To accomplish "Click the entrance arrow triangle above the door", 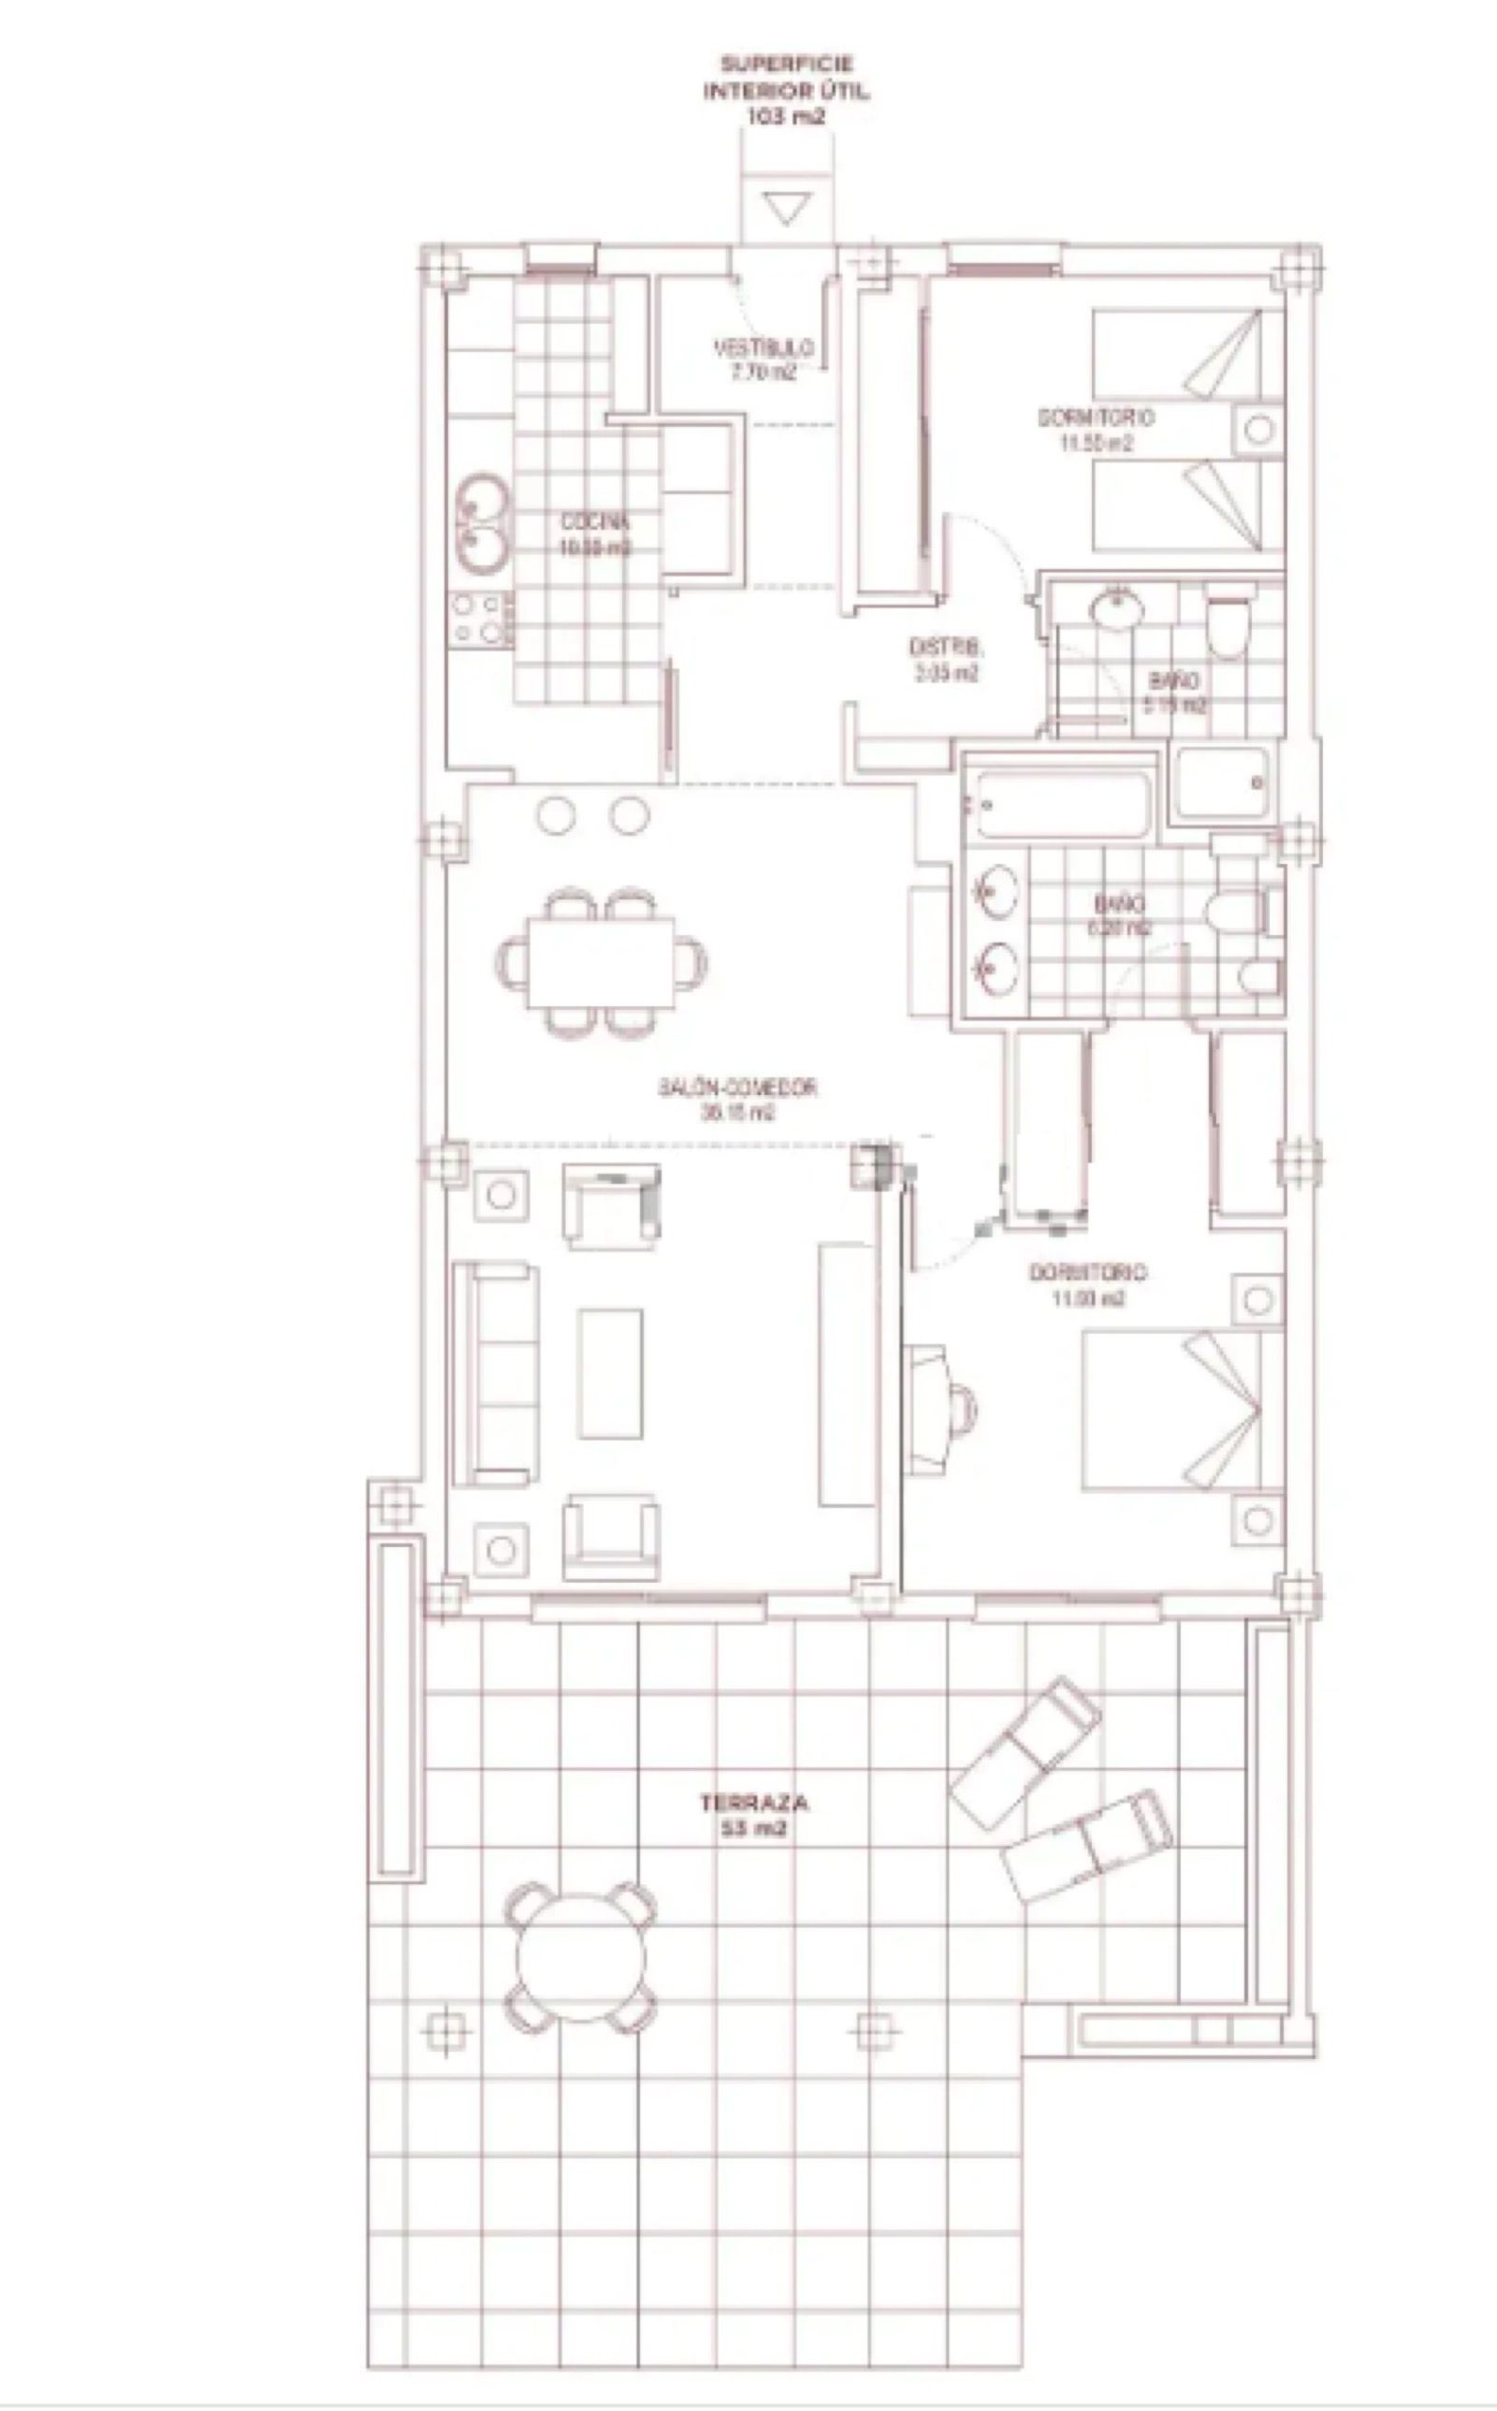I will [787, 209].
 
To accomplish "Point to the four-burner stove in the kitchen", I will [480, 619].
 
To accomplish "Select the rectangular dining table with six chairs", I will [601, 961].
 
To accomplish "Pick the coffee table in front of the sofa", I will [610, 1373].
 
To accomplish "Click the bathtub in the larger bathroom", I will [1061, 803].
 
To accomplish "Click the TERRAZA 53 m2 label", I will [754, 1814].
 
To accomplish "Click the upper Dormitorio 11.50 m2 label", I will [1095, 429].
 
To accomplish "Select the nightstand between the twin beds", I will [1257, 430].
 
